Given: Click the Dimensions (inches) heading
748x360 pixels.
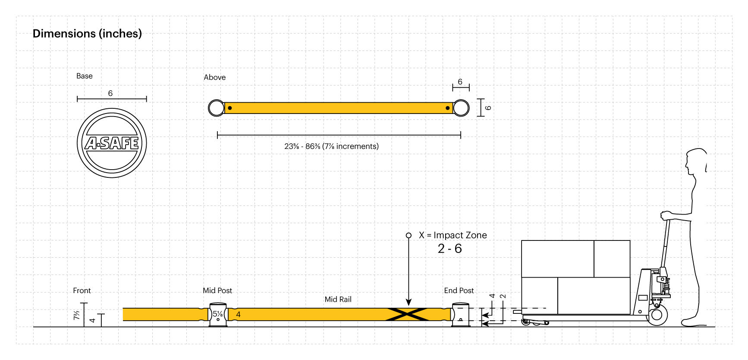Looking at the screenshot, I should coord(87,34).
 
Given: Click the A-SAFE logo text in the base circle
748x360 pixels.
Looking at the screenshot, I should coord(112,143).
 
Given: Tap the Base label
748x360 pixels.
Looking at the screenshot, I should coord(85,76).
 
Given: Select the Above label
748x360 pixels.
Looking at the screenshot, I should coord(214,77).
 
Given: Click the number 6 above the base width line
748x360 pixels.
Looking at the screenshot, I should coord(110,93).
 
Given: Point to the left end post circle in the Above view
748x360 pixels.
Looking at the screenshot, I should coord(216,108).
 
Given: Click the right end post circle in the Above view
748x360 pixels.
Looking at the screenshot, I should coord(461,108).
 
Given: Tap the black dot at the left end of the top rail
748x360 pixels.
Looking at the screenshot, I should coord(230,108).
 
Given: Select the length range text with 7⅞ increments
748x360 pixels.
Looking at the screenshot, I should coord(331,146).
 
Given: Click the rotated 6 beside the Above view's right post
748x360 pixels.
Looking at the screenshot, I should coord(488,107).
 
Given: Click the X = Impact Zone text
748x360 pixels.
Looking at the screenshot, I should coord(453,235).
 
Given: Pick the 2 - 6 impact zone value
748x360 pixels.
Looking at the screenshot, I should coord(449,249).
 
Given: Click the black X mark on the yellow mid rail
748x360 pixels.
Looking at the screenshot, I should coord(407,314).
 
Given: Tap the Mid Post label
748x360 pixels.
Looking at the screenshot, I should coord(217,291).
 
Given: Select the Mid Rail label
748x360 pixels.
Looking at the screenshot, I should coord(338,299).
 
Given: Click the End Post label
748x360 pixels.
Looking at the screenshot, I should coord(459,291).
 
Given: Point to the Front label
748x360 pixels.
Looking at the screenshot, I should coord(82,291).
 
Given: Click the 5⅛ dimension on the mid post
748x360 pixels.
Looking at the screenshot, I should coord(218,314).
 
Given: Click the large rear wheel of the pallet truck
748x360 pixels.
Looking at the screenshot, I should coord(657,315).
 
